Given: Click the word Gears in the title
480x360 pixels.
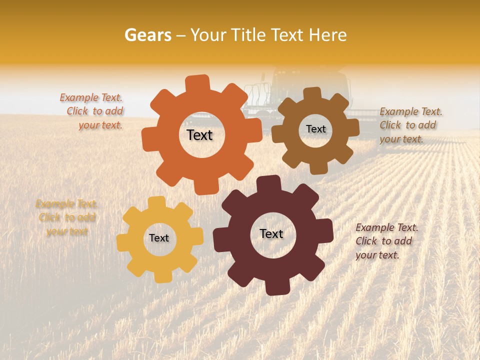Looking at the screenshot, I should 147,35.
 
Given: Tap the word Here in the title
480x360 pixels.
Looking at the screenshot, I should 327,35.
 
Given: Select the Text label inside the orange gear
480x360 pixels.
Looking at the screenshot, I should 199,135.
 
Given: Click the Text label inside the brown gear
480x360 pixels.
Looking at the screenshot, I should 315,129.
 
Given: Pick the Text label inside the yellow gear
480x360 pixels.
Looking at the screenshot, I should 159,238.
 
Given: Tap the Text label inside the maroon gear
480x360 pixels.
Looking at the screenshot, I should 271,234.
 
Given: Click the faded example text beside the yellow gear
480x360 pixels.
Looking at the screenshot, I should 67,217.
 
